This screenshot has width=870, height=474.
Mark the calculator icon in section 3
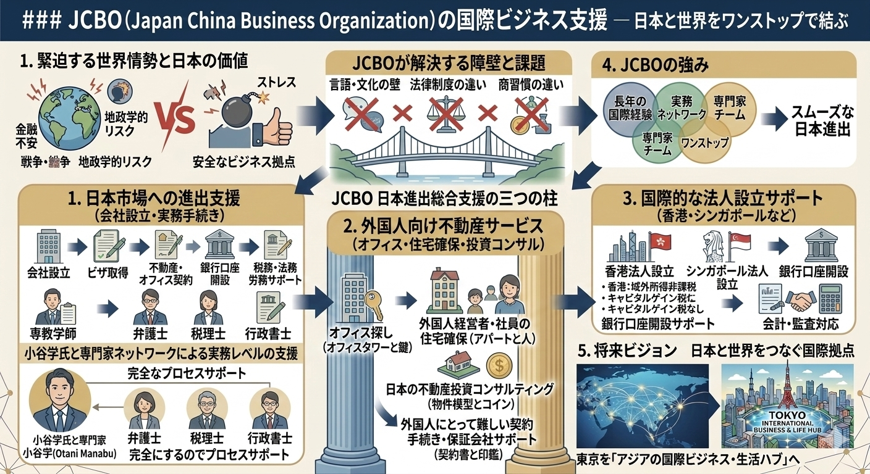click(x=832, y=301)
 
